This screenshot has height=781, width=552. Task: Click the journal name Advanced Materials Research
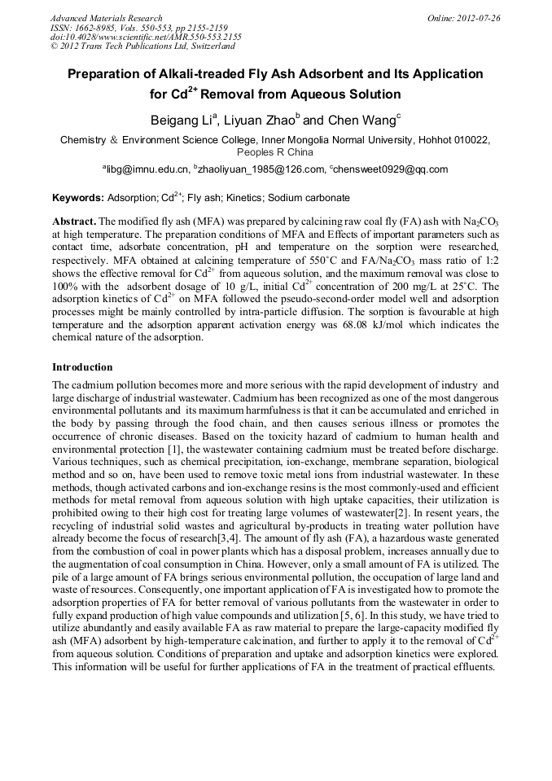106,18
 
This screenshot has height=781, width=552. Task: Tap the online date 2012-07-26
478,18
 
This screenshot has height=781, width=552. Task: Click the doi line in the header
146,37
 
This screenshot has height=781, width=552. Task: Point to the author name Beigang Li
182,121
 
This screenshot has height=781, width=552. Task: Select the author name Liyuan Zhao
261,121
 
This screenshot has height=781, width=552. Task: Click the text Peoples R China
274,152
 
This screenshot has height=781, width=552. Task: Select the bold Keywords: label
78,198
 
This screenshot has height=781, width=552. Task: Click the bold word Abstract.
75,222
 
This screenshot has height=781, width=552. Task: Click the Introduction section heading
82,367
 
